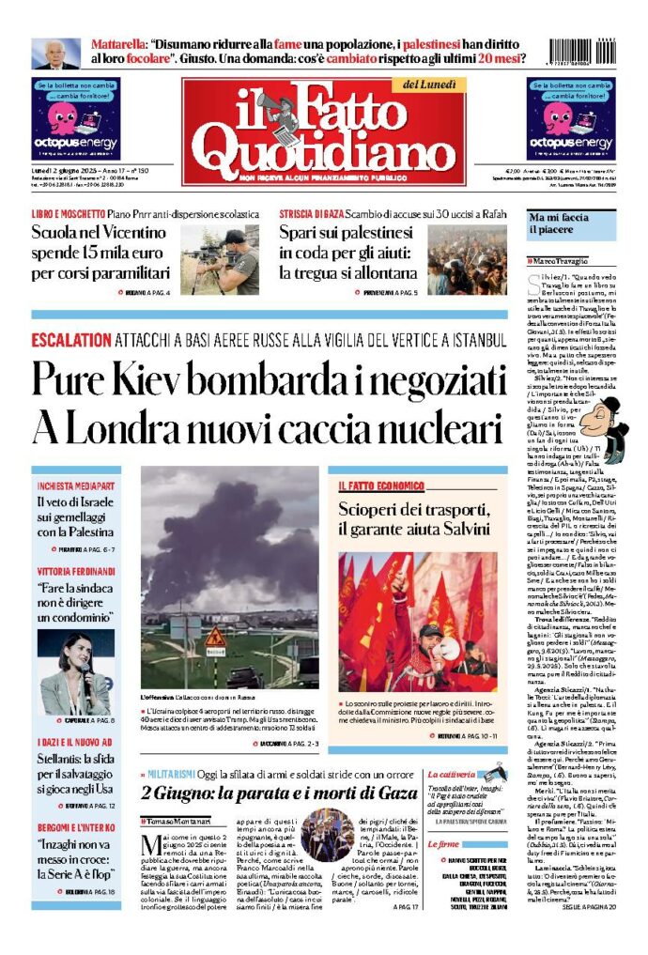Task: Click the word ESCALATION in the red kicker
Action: (71, 340)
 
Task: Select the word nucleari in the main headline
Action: (434, 428)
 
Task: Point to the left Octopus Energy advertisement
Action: (77, 118)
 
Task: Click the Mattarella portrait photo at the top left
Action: (56, 54)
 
